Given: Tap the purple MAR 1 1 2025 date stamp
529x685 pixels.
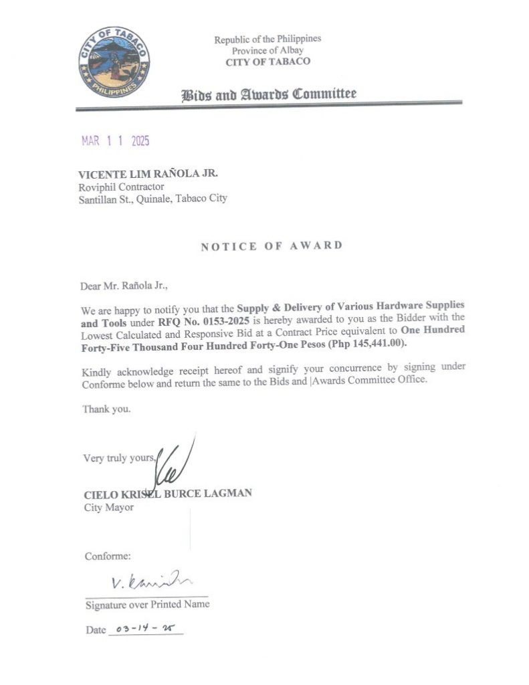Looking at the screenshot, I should [x=115, y=141].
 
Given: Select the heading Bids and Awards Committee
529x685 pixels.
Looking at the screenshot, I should [x=269, y=94].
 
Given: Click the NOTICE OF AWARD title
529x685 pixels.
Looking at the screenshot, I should [x=272, y=246].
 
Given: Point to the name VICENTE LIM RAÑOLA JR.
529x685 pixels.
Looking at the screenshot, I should [x=148, y=174].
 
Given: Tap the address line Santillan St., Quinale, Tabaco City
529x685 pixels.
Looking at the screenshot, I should [x=153, y=199].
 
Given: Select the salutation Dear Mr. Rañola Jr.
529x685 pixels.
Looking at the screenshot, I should [x=124, y=286].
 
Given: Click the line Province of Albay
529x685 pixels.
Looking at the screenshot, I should [x=268, y=50].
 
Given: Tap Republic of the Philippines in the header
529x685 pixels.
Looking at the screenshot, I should [x=268, y=39].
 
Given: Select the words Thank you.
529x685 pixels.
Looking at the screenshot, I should [x=106, y=409].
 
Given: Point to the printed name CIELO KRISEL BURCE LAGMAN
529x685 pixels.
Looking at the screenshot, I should [x=168, y=494].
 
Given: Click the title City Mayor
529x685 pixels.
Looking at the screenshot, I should [x=108, y=507].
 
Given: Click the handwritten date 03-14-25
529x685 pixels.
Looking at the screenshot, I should [x=144, y=629].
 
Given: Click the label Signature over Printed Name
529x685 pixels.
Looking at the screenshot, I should [x=147, y=604].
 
